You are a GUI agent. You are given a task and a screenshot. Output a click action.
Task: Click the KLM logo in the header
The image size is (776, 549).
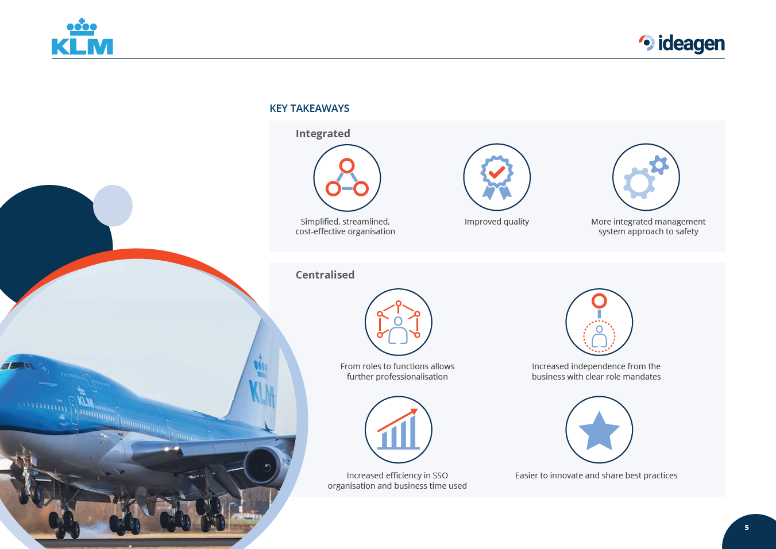(x=82, y=36)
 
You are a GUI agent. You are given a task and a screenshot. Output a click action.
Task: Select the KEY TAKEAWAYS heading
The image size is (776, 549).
(x=310, y=109)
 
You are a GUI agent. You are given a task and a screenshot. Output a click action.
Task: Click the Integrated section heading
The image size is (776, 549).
(x=323, y=133)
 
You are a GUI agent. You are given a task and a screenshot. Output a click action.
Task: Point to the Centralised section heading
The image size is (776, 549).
(x=325, y=274)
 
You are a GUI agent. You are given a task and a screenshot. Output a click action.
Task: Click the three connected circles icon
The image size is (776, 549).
(x=347, y=177)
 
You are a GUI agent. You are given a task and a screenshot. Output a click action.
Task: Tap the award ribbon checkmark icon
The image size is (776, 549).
(x=497, y=177)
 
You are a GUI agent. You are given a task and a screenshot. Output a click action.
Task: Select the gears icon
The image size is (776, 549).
(x=646, y=177)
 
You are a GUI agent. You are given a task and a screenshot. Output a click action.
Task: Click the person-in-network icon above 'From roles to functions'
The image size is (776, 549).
(x=398, y=322)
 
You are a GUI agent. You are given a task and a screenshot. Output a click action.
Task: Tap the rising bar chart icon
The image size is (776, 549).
(x=398, y=430)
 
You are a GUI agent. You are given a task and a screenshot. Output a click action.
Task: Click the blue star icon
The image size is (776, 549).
(x=599, y=430)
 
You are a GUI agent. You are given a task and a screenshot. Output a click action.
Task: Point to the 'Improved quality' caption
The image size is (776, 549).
(x=496, y=222)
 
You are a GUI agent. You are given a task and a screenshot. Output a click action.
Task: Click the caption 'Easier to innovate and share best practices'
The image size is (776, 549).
(x=596, y=475)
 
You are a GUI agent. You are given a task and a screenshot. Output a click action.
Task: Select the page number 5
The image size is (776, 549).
(x=747, y=528)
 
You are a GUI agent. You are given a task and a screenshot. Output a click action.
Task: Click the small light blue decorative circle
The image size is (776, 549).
(x=113, y=206)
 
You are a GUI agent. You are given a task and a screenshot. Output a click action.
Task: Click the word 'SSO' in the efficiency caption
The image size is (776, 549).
(x=440, y=475)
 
